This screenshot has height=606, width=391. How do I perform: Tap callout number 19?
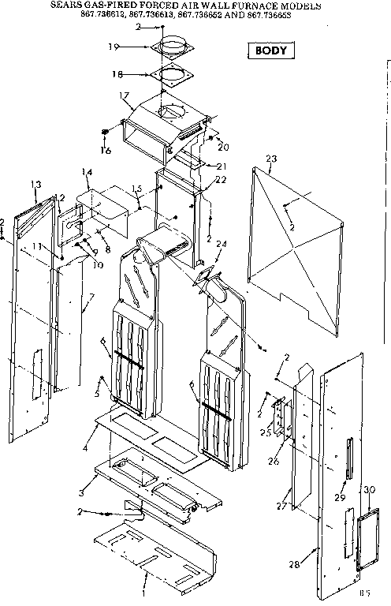(x=113, y=47)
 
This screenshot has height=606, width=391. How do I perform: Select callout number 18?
(x=116, y=74)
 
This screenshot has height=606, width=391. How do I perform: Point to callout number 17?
(x=123, y=96)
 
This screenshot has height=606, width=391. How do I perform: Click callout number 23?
(x=271, y=159)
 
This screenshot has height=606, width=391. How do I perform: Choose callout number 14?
(x=87, y=171)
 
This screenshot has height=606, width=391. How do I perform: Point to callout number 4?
(x=84, y=449)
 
